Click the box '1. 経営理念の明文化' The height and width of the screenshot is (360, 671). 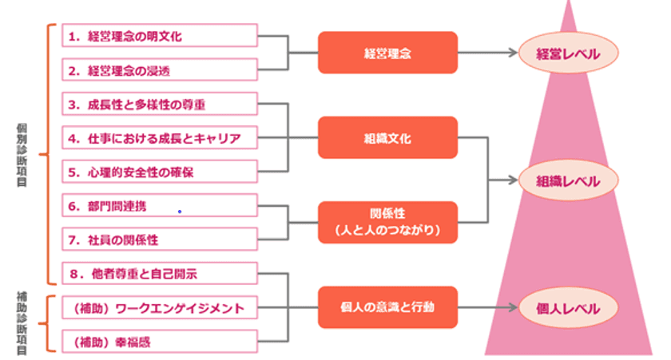(160, 36)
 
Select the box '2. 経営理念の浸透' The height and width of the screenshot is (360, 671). (160, 70)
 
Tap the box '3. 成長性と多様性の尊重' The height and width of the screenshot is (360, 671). (160, 105)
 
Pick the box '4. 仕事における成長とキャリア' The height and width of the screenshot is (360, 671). (160, 138)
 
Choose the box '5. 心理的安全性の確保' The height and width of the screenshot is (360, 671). (160, 172)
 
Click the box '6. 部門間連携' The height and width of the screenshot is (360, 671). (160, 206)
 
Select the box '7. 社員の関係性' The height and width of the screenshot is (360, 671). (160, 239)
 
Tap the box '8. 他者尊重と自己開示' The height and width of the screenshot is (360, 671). (160, 274)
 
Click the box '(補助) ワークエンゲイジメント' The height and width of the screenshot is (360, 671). (160, 307)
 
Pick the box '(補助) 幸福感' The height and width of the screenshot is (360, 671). (160, 342)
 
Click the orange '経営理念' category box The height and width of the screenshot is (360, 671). (387, 53)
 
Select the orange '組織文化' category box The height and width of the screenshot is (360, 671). (387, 138)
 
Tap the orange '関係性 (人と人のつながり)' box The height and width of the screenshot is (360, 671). (387, 223)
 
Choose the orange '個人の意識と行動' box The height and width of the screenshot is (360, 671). (387, 307)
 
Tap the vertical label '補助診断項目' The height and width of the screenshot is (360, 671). (22, 323)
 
